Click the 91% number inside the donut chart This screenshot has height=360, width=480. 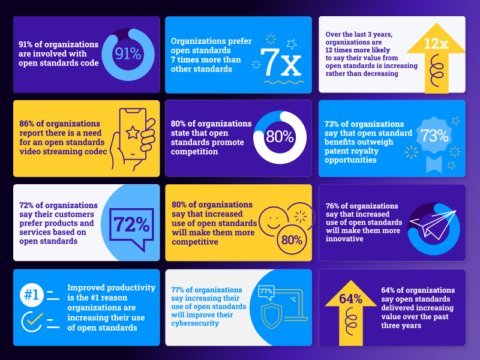coord(128,55)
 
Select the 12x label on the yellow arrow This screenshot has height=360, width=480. coord(436,43)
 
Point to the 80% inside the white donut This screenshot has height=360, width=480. coord(279,137)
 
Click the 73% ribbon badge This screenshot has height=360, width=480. coord(434,136)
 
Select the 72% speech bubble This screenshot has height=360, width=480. coord(131,225)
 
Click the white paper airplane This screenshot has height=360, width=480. coord(434,218)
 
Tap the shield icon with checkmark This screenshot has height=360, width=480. coord(270,315)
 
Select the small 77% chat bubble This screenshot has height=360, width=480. coord(266,292)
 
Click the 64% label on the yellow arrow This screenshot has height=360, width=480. coord(350,299)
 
